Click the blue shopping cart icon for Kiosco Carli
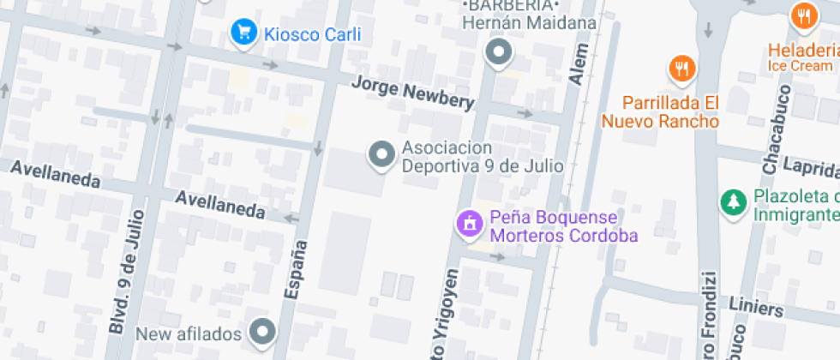(244, 33)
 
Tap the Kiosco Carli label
(312, 35)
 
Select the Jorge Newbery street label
(413, 93)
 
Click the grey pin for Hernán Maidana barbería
(497, 54)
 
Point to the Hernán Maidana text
(529, 23)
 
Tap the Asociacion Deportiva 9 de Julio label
(483, 156)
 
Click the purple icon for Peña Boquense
(469, 225)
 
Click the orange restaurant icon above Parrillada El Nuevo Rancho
(681, 69)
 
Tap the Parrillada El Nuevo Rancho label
(659, 111)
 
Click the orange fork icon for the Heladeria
(803, 15)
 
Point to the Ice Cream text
(800, 66)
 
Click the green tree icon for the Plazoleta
(732, 202)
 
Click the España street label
(294, 269)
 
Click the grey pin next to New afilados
(262, 332)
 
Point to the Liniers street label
(756, 308)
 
